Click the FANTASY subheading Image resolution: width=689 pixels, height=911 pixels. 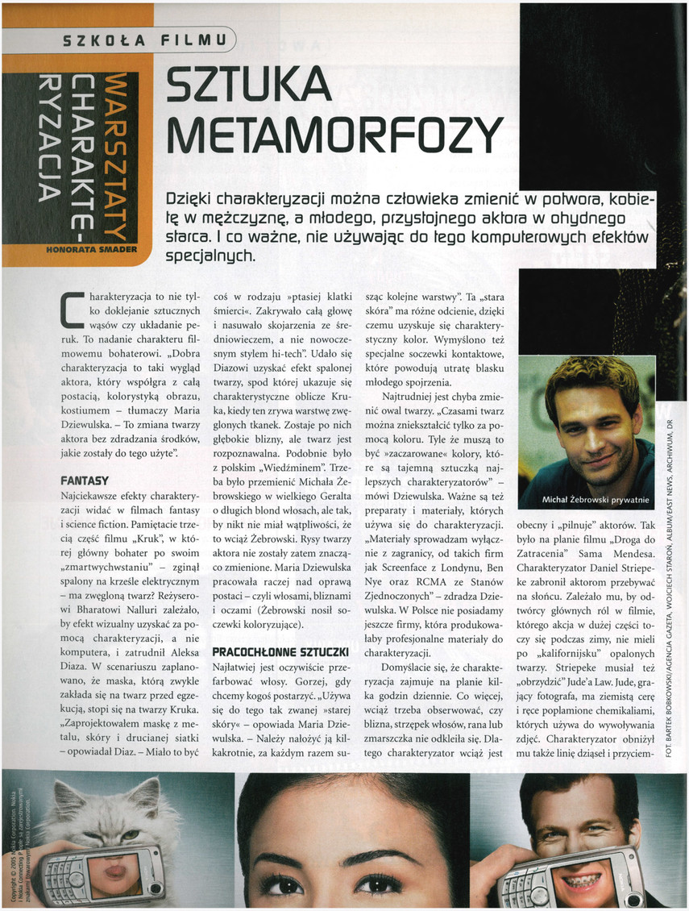[x=85, y=480]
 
